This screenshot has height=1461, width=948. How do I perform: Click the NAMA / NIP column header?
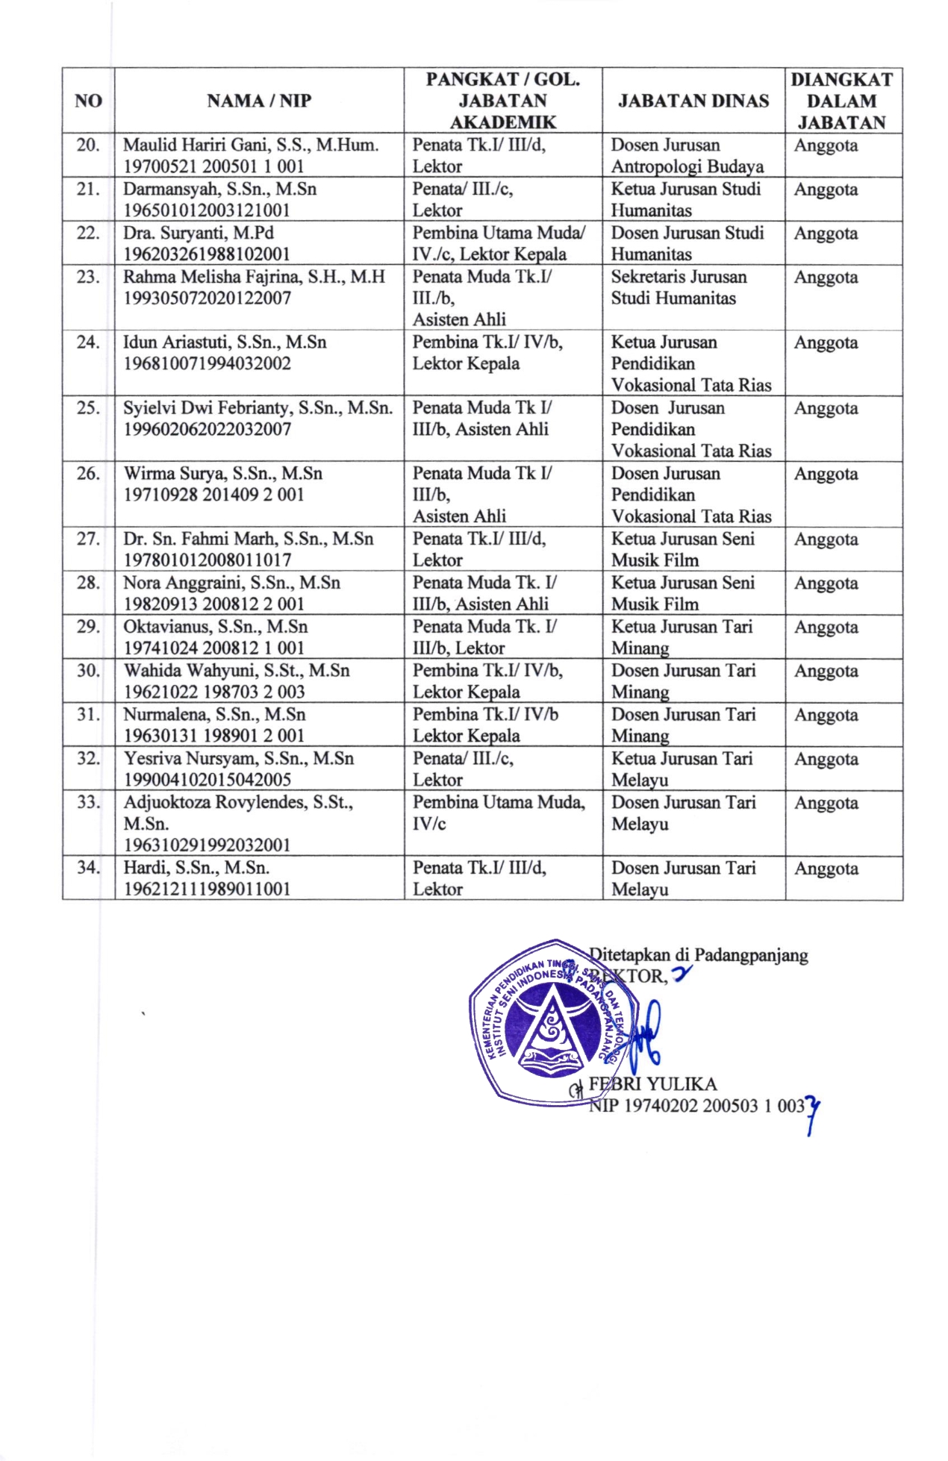click(x=258, y=101)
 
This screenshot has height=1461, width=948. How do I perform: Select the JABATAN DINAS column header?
click(x=693, y=101)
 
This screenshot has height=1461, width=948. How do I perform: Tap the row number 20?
click(x=88, y=145)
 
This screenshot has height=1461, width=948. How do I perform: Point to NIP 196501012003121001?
click(x=206, y=210)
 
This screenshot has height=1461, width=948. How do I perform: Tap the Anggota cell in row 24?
click(x=825, y=343)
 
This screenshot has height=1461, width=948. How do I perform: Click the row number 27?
click(x=88, y=539)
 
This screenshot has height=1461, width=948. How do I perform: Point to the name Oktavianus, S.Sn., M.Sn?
click(x=215, y=627)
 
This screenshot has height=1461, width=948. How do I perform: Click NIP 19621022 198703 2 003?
click(x=213, y=692)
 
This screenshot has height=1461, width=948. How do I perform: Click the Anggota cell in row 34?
click(x=825, y=869)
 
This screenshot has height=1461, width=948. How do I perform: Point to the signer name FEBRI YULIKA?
click(x=652, y=1084)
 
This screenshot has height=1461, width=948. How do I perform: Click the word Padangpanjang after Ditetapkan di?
click(x=751, y=955)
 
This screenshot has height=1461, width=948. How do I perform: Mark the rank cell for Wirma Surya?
click(x=481, y=494)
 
